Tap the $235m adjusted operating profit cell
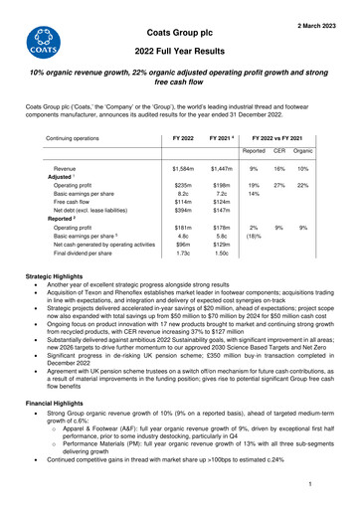pyautogui.click(x=182, y=186)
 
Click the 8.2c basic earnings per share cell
pyautogui.click(x=182, y=195)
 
